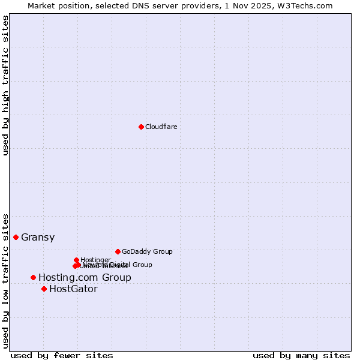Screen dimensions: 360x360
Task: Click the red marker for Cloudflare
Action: click(x=141, y=127)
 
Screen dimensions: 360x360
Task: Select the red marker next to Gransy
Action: click(x=16, y=237)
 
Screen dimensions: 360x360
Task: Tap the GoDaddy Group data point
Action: click(x=118, y=251)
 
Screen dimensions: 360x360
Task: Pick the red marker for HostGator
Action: click(x=44, y=289)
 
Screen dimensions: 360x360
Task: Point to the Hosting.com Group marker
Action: click(x=33, y=277)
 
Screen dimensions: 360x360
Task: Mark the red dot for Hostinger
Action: click(x=76, y=260)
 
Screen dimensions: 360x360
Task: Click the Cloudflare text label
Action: click(x=161, y=127)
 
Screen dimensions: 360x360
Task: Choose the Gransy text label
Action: click(x=38, y=237)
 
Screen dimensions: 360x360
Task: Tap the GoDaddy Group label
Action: click(x=147, y=251)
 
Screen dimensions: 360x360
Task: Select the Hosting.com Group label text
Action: click(x=85, y=277)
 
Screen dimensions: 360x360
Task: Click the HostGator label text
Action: click(x=73, y=289)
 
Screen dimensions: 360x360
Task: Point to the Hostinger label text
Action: click(x=95, y=260)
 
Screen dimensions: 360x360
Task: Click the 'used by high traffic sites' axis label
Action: click(x=6, y=85)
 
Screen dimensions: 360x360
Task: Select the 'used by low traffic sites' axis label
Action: click(x=6, y=280)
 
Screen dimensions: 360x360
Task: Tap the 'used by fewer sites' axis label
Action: click(x=62, y=355)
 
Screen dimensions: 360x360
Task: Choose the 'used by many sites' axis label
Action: click(x=301, y=355)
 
